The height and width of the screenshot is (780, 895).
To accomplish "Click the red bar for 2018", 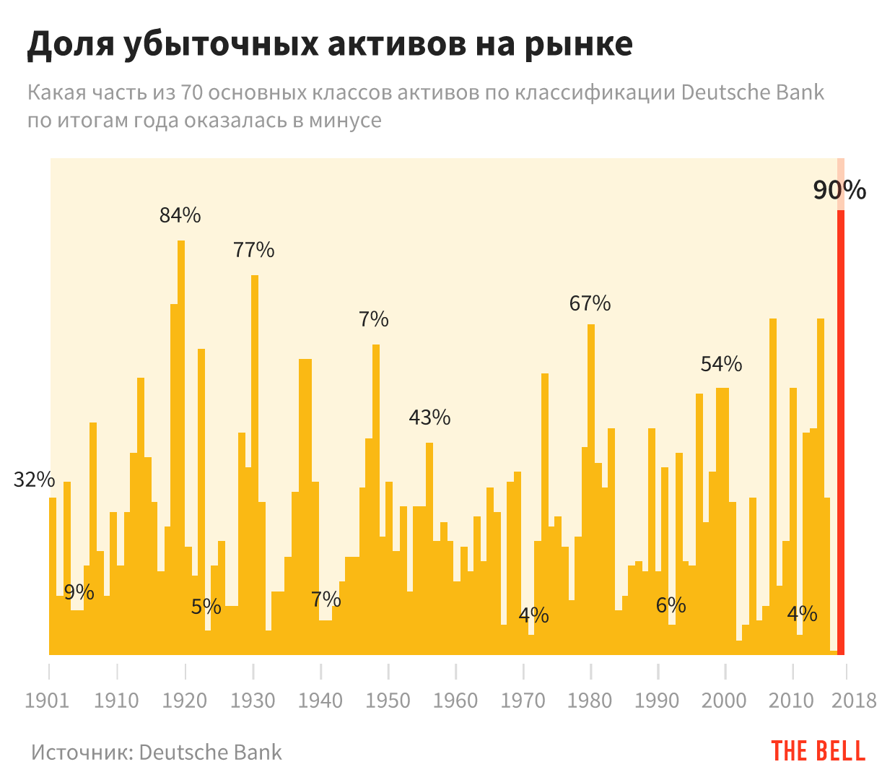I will click(841, 433).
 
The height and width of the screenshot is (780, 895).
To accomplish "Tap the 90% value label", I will click(839, 190).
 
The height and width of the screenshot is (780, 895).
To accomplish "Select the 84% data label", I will click(180, 215).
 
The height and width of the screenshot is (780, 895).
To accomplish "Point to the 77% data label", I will click(254, 250).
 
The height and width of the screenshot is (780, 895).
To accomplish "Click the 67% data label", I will click(590, 303).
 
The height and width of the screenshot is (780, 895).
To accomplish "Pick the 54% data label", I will click(721, 364).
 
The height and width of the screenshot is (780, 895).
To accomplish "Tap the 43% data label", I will click(429, 417).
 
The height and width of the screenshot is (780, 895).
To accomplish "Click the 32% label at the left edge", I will click(34, 480).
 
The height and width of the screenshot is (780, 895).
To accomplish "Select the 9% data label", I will click(79, 592).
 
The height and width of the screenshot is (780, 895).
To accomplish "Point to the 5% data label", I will click(206, 607).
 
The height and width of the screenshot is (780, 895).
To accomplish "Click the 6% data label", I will click(671, 605).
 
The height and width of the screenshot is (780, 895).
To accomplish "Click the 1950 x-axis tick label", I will click(388, 701).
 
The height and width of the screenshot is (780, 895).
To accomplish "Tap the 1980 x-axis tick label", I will click(590, 701).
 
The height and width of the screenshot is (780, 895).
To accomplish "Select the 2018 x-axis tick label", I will click(854, 701).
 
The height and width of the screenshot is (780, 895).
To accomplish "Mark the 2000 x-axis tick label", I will click(725, 701).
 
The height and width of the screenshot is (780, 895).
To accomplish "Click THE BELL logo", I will click(818, 751).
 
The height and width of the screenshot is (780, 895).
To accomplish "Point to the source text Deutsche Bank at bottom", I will click(210, 753).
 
